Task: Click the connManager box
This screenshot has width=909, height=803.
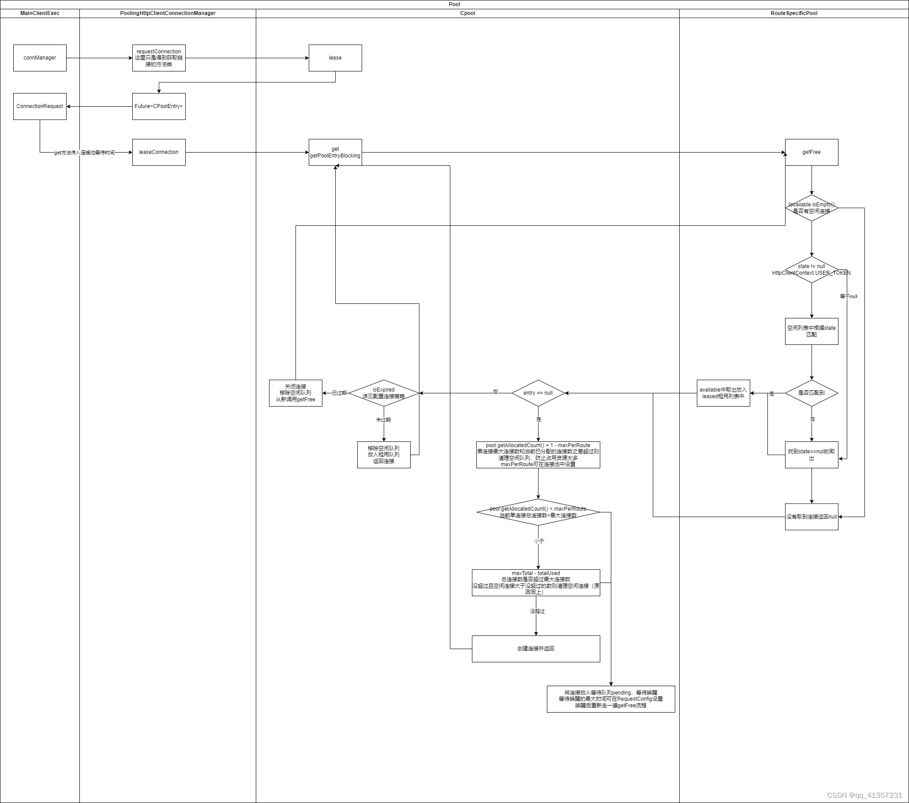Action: coord(40,58)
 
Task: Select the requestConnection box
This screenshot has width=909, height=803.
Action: coord(159,58)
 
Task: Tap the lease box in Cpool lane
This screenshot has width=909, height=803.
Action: coord(335,58)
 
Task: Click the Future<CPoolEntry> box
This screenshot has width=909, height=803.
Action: coord(159,106)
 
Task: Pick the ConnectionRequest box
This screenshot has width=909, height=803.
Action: coord(40,106)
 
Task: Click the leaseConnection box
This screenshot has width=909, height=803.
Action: coord(159,152)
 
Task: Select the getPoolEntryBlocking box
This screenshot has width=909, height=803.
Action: coord(335,152)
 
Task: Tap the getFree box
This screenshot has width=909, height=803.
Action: coord(811,152)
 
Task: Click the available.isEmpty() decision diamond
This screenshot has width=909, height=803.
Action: coord(811,208)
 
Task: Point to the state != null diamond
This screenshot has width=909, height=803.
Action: coord(811,269)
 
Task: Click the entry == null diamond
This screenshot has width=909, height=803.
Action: coord(538,393)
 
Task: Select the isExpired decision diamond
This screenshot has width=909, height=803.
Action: coord(383,393)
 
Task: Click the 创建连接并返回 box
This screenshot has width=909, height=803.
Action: coord(535,649)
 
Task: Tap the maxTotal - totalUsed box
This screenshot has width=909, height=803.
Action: coord(535,583)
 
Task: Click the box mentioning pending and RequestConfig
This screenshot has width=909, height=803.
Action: coord(610,699)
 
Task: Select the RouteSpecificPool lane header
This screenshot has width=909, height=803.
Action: coord(794,13)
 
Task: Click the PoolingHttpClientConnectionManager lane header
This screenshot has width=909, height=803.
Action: coord(168,13)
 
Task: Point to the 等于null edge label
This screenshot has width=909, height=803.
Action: coord(848,297)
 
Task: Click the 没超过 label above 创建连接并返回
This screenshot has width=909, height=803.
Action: coord(537,611)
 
